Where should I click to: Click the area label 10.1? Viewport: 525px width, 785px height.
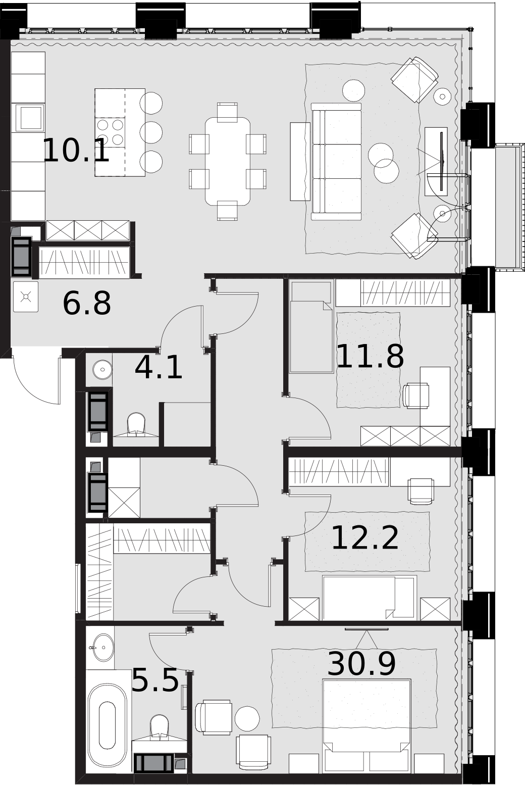tap(76, 151)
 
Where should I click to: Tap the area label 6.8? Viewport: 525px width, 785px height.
tap(87, 303)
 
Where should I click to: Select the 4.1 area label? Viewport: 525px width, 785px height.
tap(159, 367)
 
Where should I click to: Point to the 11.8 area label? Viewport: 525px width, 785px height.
tap(370, 356)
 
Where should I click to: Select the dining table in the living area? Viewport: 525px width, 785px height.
tap(228, 161)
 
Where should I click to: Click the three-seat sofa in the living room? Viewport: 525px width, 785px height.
tap(336, 162)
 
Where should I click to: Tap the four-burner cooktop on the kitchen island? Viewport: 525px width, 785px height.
tap(111, 132)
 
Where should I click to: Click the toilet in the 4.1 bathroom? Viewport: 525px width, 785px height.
tap(136, 425)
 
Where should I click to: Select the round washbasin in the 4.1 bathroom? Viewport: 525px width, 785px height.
tap(102, 369)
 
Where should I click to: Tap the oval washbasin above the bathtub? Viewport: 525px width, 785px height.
tap(101, 647)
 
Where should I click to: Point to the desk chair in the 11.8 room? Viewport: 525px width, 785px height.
tap(416, 396)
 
